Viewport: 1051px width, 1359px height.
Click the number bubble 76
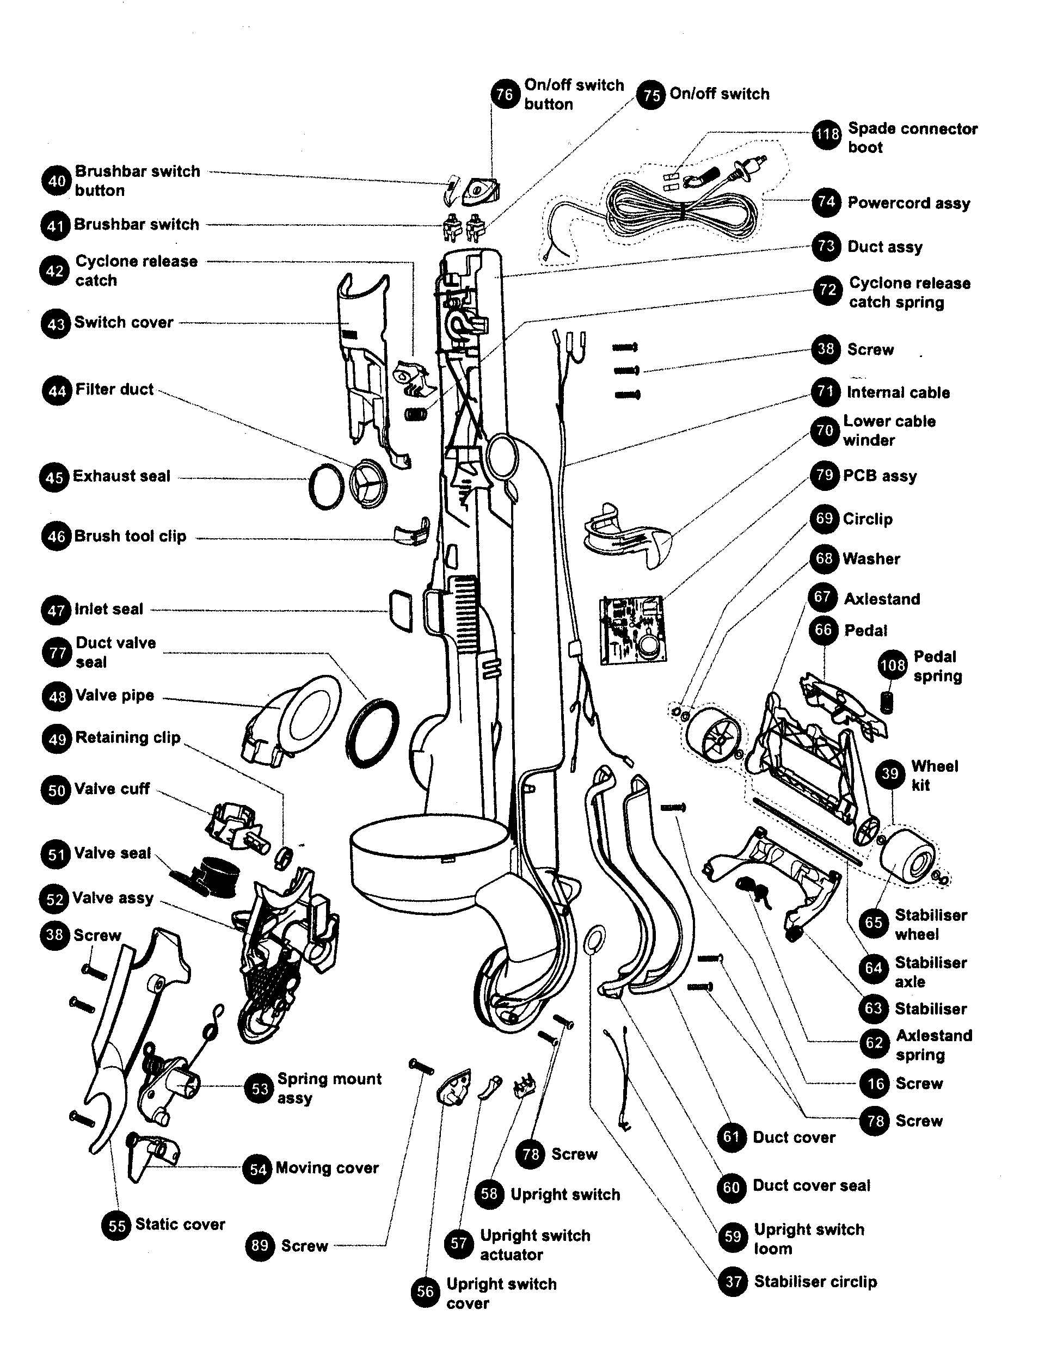[505, 95]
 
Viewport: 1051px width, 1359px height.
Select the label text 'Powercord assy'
[908, 203]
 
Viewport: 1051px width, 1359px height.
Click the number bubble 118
[827, 134]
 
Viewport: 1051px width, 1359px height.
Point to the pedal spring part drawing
[887, 702]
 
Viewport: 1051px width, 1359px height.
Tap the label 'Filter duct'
[114, 390]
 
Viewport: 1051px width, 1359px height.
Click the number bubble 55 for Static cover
[116, 1225]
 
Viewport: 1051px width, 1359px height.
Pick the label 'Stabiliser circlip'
[815, 1282]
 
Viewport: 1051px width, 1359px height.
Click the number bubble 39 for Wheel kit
[890, 773]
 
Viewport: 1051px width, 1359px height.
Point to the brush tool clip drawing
[412, 533]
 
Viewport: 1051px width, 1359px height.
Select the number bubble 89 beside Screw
[260, 1246]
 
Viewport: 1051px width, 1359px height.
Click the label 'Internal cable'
[898, 392]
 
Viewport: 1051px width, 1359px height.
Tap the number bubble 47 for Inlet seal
[56, 611]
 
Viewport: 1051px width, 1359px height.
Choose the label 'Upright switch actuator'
[534, 1245]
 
